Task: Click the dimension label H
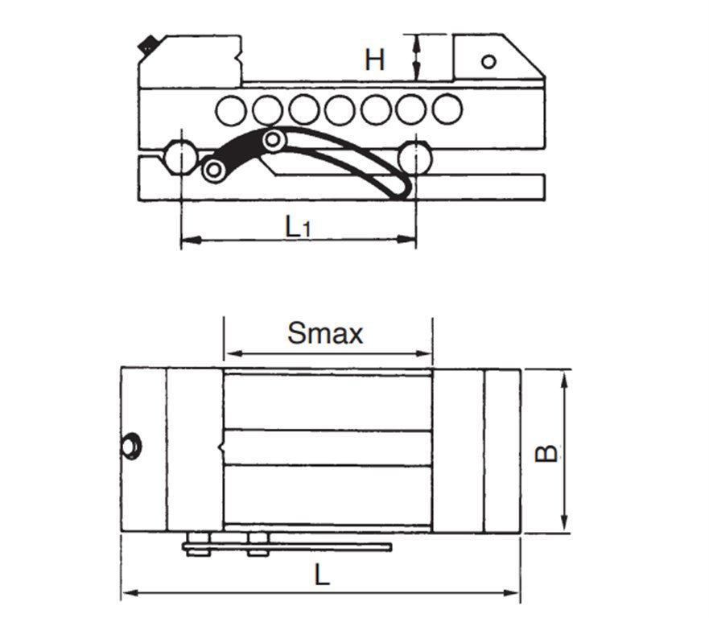(x=374, y=60)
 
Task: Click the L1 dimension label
(x=298, y=226)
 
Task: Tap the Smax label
(x=325, y=333)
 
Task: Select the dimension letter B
(x=546, y=453)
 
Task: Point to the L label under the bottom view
(x=321, y=575)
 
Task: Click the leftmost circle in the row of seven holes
(x=231, y=111)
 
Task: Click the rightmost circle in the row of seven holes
(x=447, y=109)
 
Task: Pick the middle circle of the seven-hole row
(x=339, y=110)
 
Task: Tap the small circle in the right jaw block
(x=488, y=61)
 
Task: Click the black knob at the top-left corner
(x=146, y=44)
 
